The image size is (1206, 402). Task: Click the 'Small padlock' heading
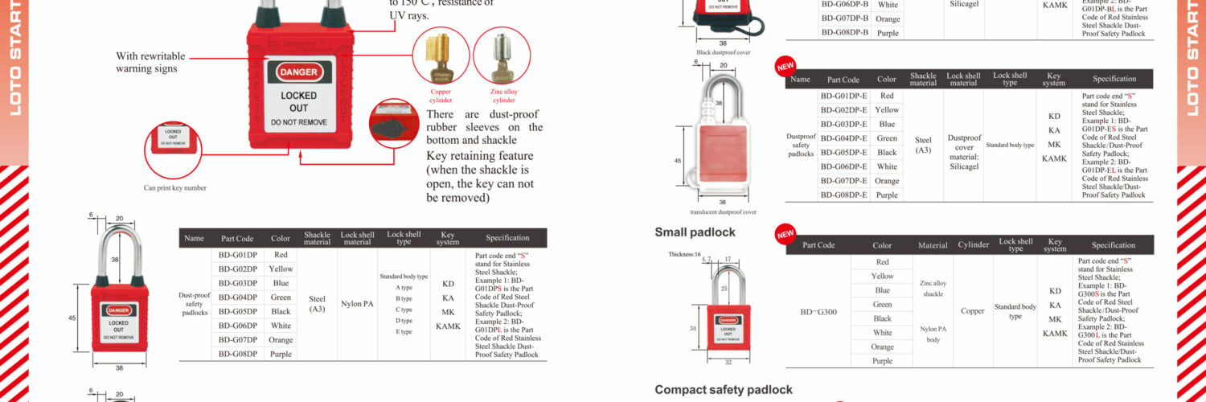pos(695,232)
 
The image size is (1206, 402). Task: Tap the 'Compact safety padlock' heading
pos(723,390)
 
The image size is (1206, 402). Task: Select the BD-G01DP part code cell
pos(238,255)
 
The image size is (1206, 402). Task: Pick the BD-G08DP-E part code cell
pos(843,195)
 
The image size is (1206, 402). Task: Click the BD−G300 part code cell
pos(819,311)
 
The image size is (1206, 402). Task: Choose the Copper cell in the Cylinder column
pos(973,310)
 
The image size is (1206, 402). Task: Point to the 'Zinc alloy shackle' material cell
pos(933,289)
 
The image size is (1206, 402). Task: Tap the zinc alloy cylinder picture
pos(502,58)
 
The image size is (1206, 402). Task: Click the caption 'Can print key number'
pos(174,187)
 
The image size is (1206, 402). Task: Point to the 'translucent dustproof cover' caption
pos(723,212)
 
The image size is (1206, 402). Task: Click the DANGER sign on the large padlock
pos(297,72)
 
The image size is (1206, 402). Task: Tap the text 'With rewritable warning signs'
pos(150,62)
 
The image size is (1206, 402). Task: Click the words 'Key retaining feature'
pos(479,156)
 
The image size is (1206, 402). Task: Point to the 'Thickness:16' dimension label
pos(685,254)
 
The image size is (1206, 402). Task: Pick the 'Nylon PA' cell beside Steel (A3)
pos(357,304)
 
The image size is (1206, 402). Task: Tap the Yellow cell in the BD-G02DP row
pos(281,269)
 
